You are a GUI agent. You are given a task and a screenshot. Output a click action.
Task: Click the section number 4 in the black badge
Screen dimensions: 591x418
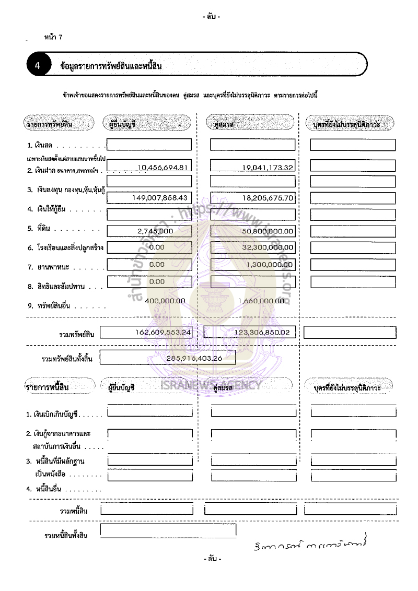pyautogui.click(x=38, y=66)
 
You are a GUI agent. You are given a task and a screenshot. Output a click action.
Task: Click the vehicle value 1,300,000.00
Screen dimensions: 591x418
pyautogui.click(x=269, y=264)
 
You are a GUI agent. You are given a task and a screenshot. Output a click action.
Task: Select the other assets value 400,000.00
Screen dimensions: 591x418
pyautogui.click(x=165, y=301)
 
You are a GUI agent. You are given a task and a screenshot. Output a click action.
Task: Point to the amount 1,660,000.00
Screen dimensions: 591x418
pyautogui.click(x=264, y=301)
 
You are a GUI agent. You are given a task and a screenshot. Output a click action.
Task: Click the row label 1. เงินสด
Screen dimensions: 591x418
pyautogui.click(x=42, y=146)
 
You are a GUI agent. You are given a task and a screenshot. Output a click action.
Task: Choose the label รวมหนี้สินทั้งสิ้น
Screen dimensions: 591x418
pyautogui.click(x=66, y=536)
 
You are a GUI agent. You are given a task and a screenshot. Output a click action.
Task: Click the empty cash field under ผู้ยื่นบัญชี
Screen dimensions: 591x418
pyautogui.click(x=149, y=145)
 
